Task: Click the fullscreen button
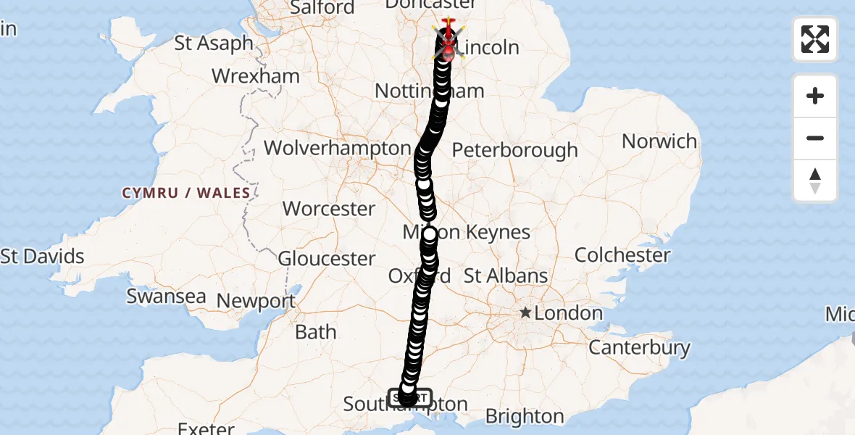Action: (x=815, y=39)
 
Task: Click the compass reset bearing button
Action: (x=815, y=181)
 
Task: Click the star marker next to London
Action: (x=525, y=313)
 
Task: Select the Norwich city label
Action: (x=659, y=141)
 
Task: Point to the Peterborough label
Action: (x=515, y=150)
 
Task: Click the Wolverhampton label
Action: (x=337, y=148)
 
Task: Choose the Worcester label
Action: (x=329, y=209)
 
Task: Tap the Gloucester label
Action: (x=327, y=258)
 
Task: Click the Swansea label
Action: (x=166, y=297)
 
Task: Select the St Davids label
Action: (x=43, y=256)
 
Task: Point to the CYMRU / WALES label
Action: (x=186, y=193)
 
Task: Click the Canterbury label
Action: (x=639, y=347)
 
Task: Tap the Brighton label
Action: (x=525, y=417)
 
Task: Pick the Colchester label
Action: (x=623, y=255)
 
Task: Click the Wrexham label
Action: (x=256, y=76)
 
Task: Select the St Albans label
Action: (x=506, y=276)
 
